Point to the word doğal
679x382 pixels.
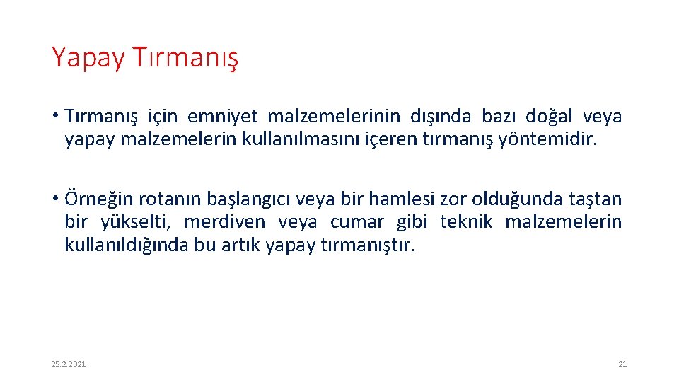pos(548,116)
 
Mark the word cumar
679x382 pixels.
pos(357,222)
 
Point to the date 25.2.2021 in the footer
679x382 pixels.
pos(69,364)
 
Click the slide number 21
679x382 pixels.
pos(622,364)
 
